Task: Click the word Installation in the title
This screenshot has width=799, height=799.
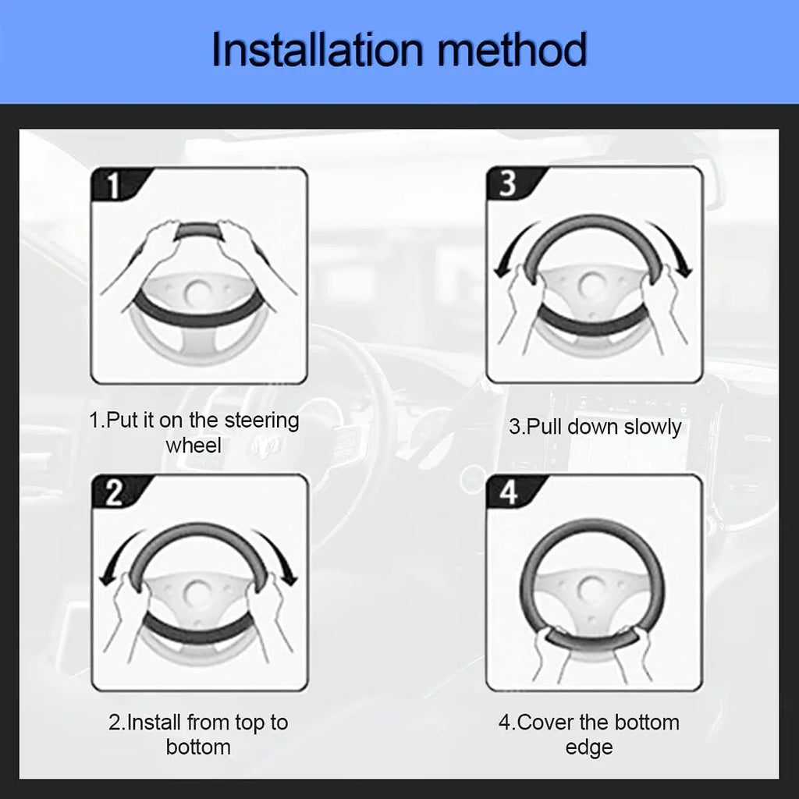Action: (317, 49)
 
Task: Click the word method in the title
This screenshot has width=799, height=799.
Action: (512, 49)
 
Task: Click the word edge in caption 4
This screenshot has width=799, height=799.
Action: (589, 748)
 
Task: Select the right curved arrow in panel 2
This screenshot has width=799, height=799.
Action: (278, 556)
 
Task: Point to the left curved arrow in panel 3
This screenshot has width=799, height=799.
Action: (512, 248)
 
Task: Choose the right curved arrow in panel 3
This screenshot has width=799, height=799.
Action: (673, 248)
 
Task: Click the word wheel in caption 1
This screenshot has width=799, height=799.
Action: (194, 446)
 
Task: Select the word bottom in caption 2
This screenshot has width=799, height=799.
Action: (198, 748)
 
